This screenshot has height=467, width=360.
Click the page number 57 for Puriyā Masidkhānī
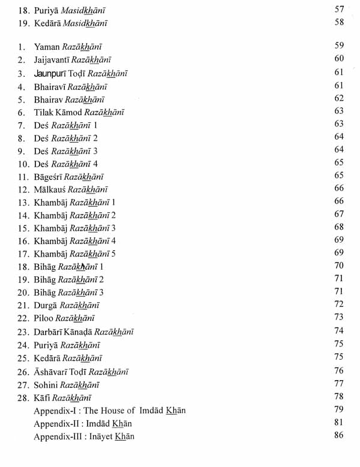point(339,10)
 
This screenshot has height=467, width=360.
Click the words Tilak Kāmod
point(58,112)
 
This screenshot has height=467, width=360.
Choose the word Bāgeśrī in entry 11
point(52,177)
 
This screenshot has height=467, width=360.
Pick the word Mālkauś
point(52,189)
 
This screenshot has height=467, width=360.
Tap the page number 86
point(339,435)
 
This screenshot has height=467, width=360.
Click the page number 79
point(339,409)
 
